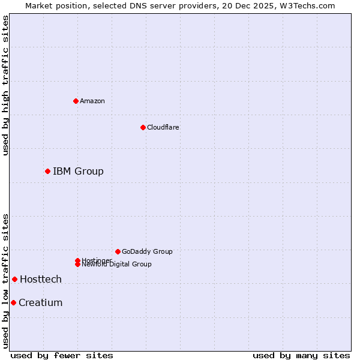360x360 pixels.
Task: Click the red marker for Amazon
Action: pos(76,101)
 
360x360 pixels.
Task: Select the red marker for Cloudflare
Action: pos(143,127)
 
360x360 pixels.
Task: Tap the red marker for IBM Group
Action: pos(47,171)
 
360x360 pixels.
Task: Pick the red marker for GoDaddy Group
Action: pos(118,251)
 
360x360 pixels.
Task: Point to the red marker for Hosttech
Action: pos(14,279)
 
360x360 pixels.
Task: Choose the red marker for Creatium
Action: pos(13,302)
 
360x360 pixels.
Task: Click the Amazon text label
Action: pos(92,101)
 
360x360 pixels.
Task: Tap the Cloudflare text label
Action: pos(163,127)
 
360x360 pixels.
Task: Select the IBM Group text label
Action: pos(78,171)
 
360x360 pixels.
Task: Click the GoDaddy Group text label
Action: pos(147,251)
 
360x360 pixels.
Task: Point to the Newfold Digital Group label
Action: pos(116,265)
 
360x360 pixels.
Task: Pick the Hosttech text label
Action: pos(41,279)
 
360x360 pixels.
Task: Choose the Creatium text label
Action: pos(41,302)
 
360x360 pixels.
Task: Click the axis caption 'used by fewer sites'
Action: pos(62,355)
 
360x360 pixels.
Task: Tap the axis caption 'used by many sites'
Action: pos(301,355)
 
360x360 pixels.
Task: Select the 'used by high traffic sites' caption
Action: pos(5,85)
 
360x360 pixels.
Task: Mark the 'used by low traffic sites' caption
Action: pos(5,281)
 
